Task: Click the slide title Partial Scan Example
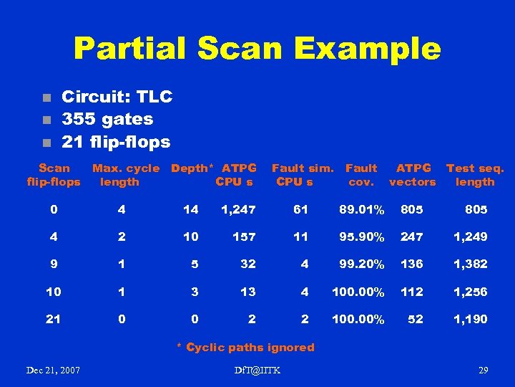tap(257, 49)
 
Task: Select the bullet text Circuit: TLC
tap(117, 97)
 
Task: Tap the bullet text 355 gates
tap(107, 119)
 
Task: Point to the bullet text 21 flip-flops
tap(116, 142)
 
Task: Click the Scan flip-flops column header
tap(54, 175)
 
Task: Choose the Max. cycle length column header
tap(126, 175)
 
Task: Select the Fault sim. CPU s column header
tap(302, 175)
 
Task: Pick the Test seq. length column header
tap(475, 175)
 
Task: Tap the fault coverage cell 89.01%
tap(362, 210)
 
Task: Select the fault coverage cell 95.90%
tap(362, 236)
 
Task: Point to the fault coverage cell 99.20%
tap(362, 264)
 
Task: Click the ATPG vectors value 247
tap(411, 236)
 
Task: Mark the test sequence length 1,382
tap(470, 264)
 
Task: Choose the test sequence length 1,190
tap(470, 319)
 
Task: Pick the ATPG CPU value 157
tap(244, 236)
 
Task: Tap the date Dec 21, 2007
tap(53, 370)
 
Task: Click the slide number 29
tap(483, 370)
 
